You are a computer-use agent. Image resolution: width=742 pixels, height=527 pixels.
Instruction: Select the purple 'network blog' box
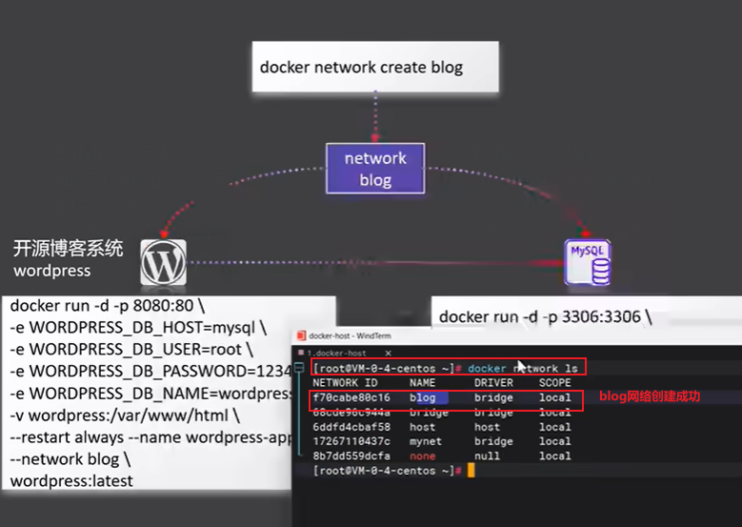375,170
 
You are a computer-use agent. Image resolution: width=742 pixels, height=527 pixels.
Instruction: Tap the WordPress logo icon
164,262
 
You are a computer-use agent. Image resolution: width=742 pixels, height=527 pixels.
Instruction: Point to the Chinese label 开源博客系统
68,249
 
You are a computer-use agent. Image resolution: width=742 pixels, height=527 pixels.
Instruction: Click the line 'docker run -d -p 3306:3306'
546,315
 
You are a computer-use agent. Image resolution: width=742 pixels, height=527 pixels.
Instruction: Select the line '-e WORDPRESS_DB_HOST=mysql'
139,328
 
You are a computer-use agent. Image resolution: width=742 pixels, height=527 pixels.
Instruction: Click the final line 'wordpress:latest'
71,480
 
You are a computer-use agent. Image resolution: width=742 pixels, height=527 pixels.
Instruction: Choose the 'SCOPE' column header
555,383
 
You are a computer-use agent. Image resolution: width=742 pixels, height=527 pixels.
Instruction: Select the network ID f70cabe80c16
351,397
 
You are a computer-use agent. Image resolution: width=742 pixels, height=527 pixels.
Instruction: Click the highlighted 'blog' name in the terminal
423,397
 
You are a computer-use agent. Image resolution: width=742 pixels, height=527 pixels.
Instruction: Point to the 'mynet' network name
426,441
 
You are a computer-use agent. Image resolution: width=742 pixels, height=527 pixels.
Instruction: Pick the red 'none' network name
423,456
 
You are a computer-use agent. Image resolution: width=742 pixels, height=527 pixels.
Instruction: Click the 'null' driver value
487,456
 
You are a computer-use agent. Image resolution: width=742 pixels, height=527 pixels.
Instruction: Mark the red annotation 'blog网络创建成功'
649,395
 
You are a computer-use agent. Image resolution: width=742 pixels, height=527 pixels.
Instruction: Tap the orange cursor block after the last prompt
471,471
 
